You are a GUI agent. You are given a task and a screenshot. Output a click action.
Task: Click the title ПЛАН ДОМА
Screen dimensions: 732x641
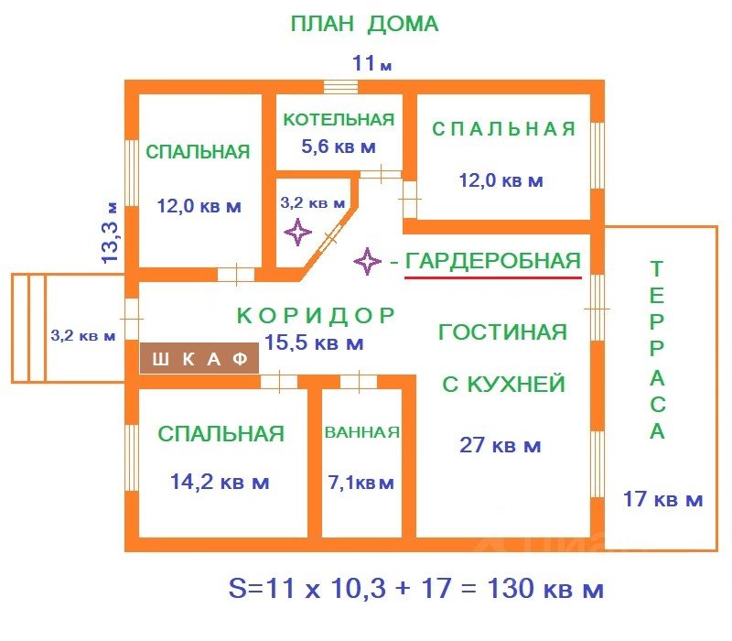(x=364, y=24)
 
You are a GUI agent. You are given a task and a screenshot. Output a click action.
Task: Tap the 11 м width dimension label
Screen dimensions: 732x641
(x=371, y=64)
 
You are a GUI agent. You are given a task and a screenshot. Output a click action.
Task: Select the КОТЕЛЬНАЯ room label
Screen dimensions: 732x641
(x=339, y=119)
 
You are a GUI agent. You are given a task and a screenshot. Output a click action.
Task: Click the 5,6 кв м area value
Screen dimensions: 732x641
(x=339, y=146)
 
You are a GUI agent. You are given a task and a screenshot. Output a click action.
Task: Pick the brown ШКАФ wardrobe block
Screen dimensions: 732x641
(x=199, y=358)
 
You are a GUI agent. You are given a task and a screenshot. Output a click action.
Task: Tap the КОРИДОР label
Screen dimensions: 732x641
(x=316, y=316)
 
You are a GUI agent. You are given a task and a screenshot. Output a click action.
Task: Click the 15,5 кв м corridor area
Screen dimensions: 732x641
(x=314, y=343)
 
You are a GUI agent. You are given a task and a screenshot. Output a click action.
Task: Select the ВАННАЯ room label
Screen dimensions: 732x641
(x=362, y=432)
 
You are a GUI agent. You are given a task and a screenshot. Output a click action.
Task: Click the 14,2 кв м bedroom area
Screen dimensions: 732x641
(x=220, y=482)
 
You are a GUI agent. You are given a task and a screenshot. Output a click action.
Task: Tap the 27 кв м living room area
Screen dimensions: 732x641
(x=500, y=446)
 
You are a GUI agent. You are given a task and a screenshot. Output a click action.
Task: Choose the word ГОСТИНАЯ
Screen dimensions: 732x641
(x=502, y=331)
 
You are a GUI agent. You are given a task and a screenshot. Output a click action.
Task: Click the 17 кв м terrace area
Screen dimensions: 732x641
(x=662, y=500)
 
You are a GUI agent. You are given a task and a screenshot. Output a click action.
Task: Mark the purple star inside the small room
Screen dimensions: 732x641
(x=297, y=232)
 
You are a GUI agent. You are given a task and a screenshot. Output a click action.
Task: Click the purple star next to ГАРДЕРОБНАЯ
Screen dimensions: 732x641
(x=368, y=262)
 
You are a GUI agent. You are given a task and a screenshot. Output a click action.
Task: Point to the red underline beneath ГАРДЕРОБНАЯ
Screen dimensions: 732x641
(x=493, y=277)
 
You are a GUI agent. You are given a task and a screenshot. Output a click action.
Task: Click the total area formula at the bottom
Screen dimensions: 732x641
(x=415, y=587)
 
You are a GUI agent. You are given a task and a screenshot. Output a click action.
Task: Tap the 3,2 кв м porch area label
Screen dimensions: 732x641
(x=83, y=336)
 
